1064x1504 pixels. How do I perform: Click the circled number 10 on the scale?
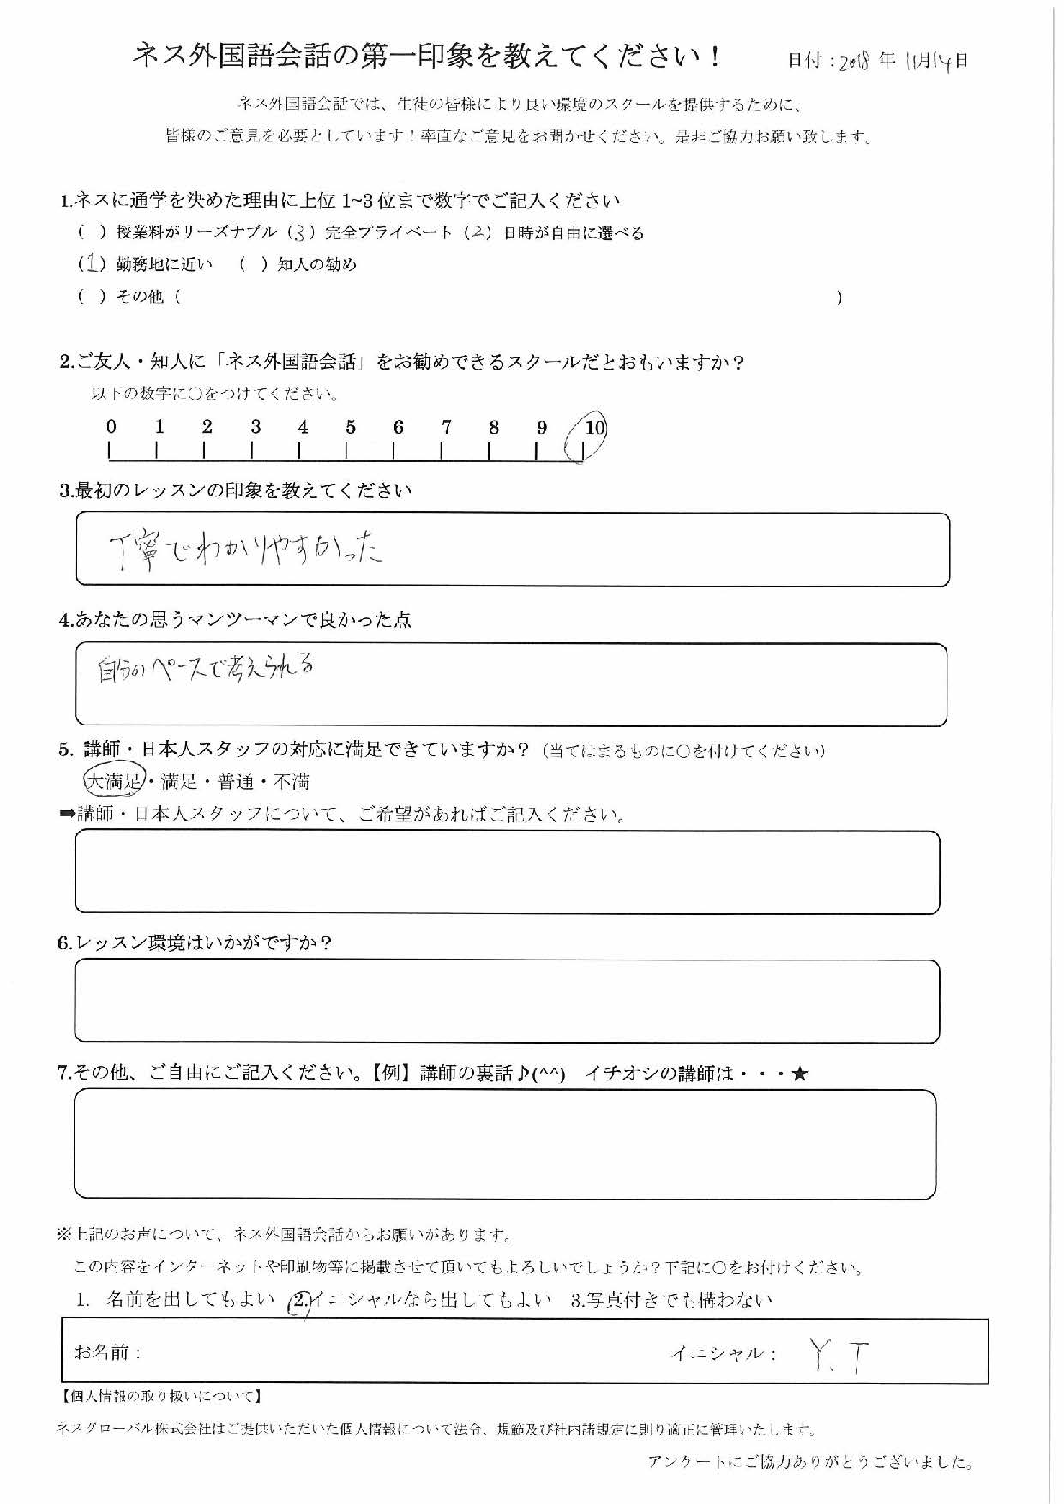pyautogui.click(x=592, y=428)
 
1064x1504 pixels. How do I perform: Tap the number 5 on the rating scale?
pyautogui.click(x=350, y=427)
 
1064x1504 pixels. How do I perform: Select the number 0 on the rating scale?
pyautogui.click(x=111, y=427)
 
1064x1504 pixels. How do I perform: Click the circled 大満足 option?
pyautogui.click(x=114, y=780)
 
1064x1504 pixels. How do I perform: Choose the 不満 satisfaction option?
pyautogui.click(x=291, y=782)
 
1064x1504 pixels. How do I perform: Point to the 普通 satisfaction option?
pyautogui.click(x=236, y=782)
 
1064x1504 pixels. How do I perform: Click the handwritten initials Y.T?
pyautogui.click(x=838, y=1355)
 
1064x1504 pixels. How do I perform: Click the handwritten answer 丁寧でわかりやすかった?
pyautogui.click(x=245, y=550)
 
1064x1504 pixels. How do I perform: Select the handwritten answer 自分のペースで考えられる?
pyautogui.click(x=206, y=667)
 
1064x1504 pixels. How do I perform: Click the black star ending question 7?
pyautogui.click(x=799, y=1073)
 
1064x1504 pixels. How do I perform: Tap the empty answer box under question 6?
pyautogui.click(x=507, y=1001)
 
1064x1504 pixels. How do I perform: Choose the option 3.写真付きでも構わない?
pyautogui.click(x=671, y=1300)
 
